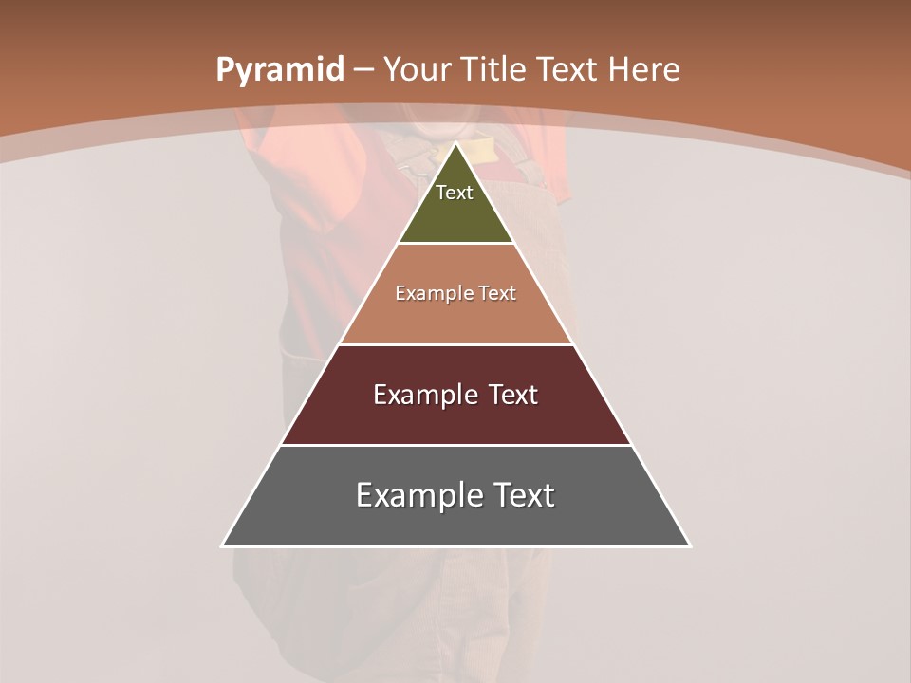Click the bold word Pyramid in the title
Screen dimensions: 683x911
[279, 70]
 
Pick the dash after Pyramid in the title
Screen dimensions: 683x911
[363, 70]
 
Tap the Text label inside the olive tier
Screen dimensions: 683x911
[455, 193]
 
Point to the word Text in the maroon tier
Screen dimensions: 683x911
[513, 395]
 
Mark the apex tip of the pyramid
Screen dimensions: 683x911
[455, 144]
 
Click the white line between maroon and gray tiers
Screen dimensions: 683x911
[455, 445]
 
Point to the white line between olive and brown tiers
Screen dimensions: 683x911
[455, 243]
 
